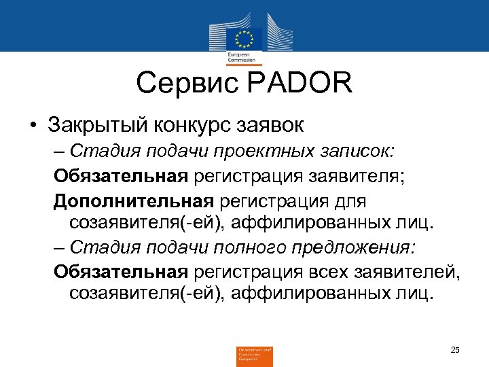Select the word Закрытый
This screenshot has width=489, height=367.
(100, 125)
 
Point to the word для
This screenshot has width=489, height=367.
(350, 201)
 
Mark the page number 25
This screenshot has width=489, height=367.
(455, 349)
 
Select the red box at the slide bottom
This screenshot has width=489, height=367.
(254, 355)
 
